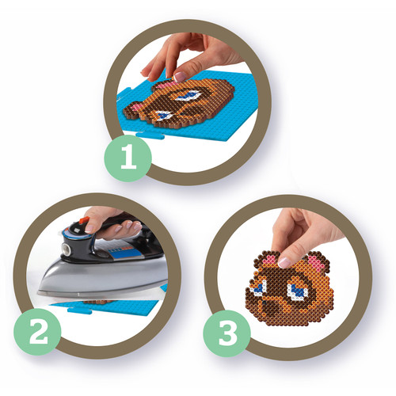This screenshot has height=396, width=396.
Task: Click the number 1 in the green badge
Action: pos(128,158)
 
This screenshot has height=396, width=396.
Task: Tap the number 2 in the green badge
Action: pos(39,332)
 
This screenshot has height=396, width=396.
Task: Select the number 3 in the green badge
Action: pos(227,333)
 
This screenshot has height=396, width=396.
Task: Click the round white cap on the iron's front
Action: pos(65,248)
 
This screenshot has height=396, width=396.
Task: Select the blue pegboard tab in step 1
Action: pos(150,135)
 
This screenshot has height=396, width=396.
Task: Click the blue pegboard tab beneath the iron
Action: pos(80,310)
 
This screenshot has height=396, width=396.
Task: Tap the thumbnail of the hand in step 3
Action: pos(284,262)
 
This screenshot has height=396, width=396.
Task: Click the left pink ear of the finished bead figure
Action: pos(270,258)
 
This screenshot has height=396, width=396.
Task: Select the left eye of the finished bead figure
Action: pos(258,288)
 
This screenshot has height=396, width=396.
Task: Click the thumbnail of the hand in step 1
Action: pos(180,77)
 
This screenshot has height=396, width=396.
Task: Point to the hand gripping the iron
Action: pos(113,223)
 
